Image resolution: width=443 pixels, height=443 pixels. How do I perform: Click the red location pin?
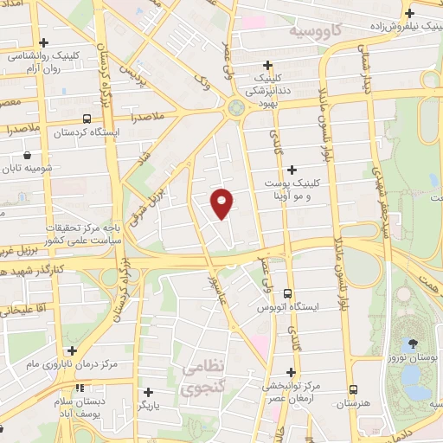[222, 202]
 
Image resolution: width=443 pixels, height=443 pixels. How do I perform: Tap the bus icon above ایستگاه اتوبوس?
[288, 293]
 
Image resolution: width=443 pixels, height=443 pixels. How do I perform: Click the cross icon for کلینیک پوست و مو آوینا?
[291, 170]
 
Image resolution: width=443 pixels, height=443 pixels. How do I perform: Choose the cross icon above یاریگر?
[148, 391]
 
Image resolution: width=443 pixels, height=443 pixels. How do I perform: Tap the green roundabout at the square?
[234, 108]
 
